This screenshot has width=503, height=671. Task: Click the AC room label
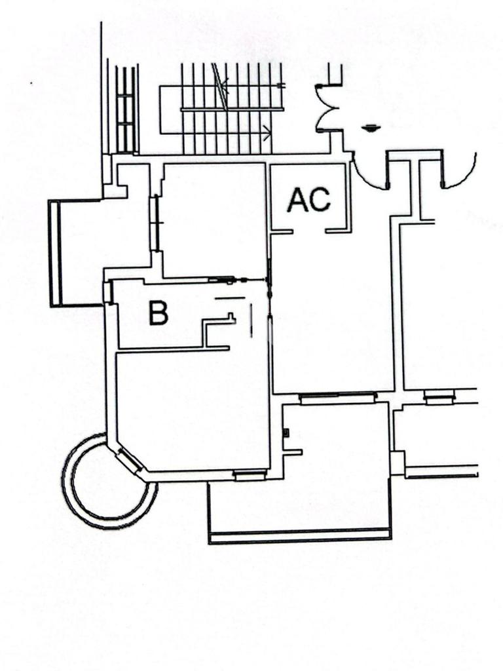[x=309, y=200]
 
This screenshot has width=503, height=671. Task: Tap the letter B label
[x=158, y=313]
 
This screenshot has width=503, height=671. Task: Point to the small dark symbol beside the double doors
[x=371, y=128]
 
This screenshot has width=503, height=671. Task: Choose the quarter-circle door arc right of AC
[x=369, y=173]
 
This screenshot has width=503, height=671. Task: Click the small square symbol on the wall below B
[x=286, y=432]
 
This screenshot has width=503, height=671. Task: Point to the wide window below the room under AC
[x=338, y=397]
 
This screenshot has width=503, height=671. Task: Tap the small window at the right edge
[x=438, y=396]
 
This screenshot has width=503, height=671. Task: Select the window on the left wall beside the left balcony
[x=155, y=223]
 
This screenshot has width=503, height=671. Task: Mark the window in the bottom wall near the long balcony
[x=250, y=475]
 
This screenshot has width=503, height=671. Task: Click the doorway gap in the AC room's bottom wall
[x=309, y=231]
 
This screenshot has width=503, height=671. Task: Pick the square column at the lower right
[x=397, y=462]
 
